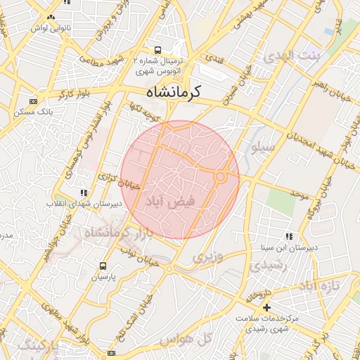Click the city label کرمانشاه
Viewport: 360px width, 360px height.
[x=174, y=92]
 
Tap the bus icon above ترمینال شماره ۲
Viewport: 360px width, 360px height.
[x=158, y=51]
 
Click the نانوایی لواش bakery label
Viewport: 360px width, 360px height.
[x=50, y=28]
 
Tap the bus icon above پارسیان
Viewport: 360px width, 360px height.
[x=103, y=266]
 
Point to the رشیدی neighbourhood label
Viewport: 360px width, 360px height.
[x=264, y=268]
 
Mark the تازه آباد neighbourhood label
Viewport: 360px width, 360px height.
[x=320, y=286]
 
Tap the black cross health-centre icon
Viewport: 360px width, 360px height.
[x=266, y=307]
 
